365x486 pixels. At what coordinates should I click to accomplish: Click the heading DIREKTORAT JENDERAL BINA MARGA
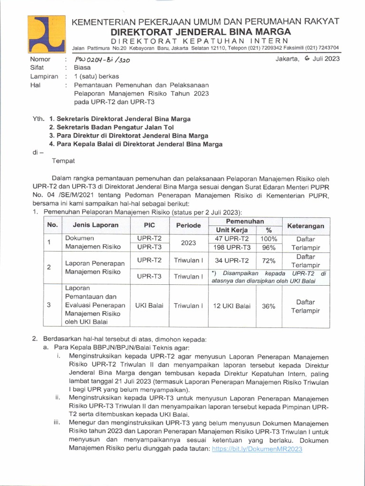pyautogui.click(x=200, y=32)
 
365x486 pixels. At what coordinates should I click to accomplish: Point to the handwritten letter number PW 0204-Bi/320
pyautogui.click(x=102, y=60)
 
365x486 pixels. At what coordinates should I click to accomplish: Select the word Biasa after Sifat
pyautogui.click(x=82, y=68)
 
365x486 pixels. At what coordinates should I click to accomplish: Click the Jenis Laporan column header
pyautogui.click(x=96, y=225)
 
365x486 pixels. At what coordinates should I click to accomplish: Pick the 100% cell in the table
pyautogui.click(x=269, y=238)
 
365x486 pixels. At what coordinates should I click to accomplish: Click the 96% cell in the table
pyautogui.click(x=269, y=247)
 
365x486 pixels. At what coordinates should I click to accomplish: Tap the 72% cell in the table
pyautogui.click(x=269, y=261)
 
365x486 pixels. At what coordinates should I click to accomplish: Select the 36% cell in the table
pyautogui.click(x=269, y=306)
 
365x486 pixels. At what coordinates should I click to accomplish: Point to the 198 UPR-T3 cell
pyautogui.click(x=232, y=247)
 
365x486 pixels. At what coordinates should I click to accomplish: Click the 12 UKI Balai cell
pyautogui.click(x=232, y=306)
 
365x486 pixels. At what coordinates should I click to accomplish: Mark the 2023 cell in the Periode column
pyautogui.click(x=188, y=243)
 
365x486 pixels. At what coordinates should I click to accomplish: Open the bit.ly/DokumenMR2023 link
pyautogui.click(x=256, y=449)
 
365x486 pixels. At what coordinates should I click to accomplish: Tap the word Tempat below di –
pyautogui.click(x=63, y=161)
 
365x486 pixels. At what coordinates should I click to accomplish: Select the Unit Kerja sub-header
pyautogui.click(x=232, y=230)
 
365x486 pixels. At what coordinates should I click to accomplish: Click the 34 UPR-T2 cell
pyautogui.click(x=232, y=261)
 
